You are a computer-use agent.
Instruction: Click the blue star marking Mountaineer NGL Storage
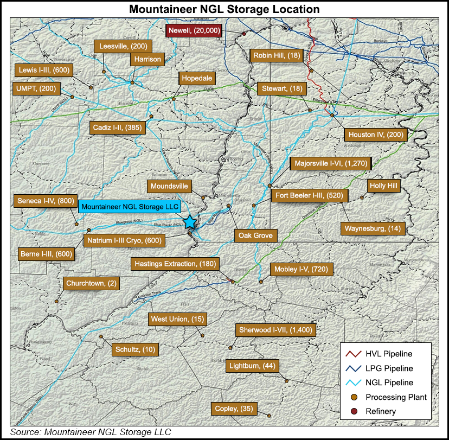pyautogui.click(x=190, y=222)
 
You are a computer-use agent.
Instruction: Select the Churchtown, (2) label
pyautogui.click(x=91, y=283)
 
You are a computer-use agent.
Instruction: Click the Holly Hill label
pyautogui.click(x=383, y=186)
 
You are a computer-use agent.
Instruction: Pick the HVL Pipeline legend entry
pyautogui.click(x=384, y=354)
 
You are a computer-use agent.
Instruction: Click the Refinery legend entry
pyautogui.click(x=384, y=411)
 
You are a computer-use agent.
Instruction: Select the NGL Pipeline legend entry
pyautogui.click(x=384, y=382)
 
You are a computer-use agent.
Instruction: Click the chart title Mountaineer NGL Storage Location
pyautogui.click(x=224, y=9)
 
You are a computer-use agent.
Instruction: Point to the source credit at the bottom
pyautogui.click(x=90, y=432)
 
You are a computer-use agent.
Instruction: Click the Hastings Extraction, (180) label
pyautogui.click(x=176, y=264)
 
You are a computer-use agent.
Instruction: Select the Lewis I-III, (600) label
pyautogui.click(x=43, y=69)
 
